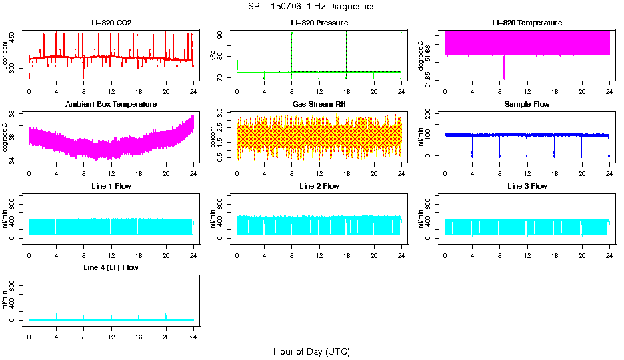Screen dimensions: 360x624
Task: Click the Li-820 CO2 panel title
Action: pos(111,23)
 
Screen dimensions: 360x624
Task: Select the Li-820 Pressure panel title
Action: pos(319,23)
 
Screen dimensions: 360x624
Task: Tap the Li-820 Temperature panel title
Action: pos(527,23)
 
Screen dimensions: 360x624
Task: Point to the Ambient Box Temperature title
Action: pos(111,105)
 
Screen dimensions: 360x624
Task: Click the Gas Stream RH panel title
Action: pos(319,105)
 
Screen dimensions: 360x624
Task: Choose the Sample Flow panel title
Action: pos(527,105)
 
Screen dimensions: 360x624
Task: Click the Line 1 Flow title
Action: pos(111,186)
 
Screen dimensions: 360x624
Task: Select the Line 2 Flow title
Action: pos(319,186)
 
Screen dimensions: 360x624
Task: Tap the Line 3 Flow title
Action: pos(527,186)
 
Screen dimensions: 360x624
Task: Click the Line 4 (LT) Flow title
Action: pos(111,267)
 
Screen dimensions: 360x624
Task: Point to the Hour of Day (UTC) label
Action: pos(311,351)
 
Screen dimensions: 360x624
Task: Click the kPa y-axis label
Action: pos(213,57)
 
